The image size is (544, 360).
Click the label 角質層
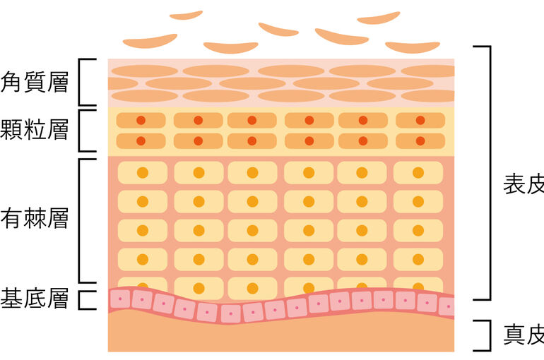35,82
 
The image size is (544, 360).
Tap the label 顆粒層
35,130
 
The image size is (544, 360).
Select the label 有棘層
35,218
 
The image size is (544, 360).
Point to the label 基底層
35,299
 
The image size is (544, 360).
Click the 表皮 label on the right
524,185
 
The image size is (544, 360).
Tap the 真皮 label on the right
524,335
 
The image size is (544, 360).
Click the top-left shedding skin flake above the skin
186,16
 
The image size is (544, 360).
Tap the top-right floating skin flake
379,18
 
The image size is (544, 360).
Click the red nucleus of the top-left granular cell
141,120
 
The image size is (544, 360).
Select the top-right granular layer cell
420,120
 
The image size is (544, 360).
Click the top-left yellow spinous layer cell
143,172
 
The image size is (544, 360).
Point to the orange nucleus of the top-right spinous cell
418,172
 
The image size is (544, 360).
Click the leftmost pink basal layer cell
120,299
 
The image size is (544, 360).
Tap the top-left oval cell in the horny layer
145,71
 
